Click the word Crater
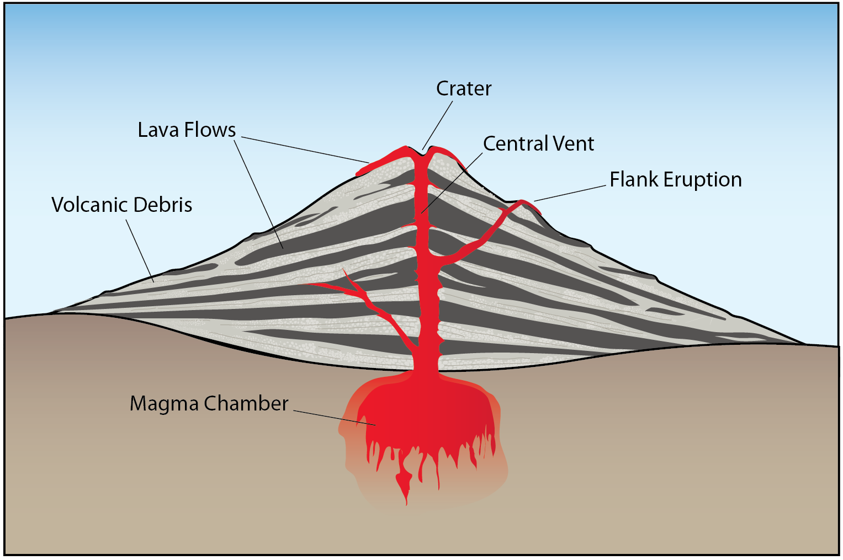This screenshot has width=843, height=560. click(463, 89)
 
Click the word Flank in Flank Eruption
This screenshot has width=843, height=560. click(634, 180)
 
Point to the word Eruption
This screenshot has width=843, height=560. click(702, 180)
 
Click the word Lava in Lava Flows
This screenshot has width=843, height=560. click(158, 130)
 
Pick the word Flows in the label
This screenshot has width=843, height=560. click(210, 130)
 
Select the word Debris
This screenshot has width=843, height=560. click(166, 205)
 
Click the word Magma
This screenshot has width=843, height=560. click(164, 404)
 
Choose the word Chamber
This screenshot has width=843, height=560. click(246, 403)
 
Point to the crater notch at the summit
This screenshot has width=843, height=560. click(423, 153)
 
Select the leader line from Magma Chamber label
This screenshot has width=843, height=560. click(331, 417)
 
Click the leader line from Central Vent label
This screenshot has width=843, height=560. click(453, 182)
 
